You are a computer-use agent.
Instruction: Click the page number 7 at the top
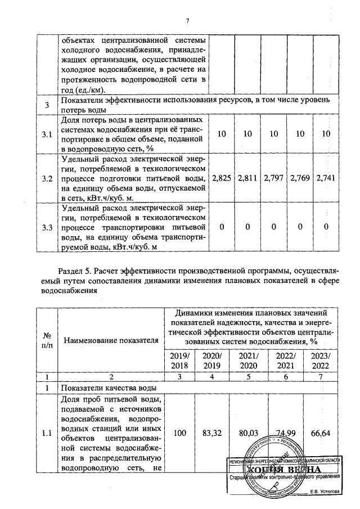coord(187,21)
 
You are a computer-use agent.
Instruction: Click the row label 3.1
coord(47,134)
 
